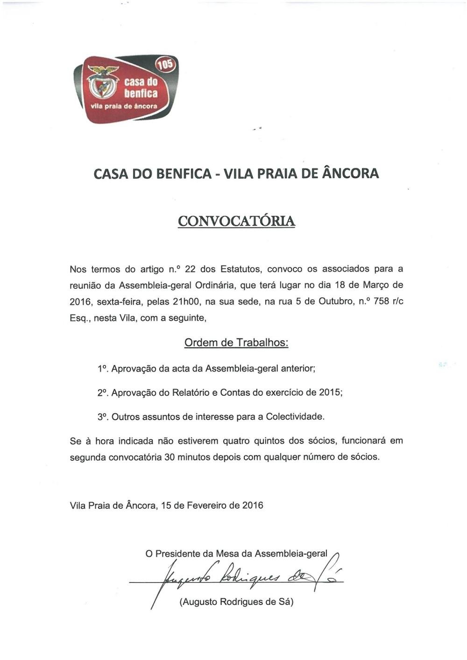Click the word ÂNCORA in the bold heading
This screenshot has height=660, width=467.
coord(350,174)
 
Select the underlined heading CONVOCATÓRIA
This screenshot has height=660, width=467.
coord(236,221)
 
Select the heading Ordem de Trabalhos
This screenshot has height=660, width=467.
coord(236,343)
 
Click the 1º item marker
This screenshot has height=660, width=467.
coord(103,369)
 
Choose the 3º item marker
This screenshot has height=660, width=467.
coord(103,417)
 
